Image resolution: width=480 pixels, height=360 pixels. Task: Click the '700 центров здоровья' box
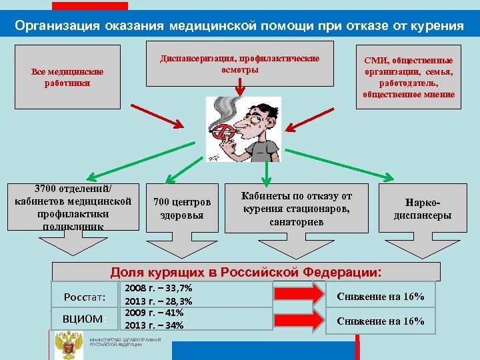[181, 209]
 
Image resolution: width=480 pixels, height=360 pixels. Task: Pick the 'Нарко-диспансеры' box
[423, 209]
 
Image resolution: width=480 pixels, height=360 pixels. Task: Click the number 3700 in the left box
[38, 188]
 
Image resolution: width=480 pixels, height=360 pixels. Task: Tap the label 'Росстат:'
[85, 296]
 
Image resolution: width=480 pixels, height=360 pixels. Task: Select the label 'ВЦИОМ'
[83, 319]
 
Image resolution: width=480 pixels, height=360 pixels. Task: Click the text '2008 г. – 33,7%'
[159, 289]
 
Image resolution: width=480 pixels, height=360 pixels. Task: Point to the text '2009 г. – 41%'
[154, 313]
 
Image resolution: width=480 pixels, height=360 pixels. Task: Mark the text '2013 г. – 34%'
[154, 325]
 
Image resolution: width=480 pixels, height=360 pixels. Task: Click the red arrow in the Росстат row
[301, 295]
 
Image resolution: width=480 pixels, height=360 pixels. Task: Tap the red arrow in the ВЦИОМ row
[301, 319]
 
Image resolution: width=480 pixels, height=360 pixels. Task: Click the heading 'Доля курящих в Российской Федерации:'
[247, 272]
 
